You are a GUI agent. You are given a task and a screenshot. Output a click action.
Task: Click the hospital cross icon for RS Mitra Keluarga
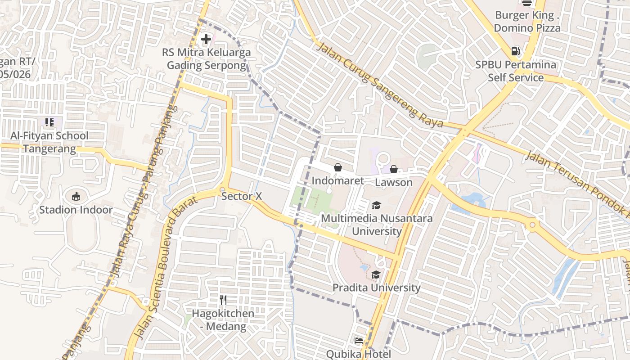point(206,39)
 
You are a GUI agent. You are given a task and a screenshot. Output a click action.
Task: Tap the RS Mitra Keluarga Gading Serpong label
point(207,59)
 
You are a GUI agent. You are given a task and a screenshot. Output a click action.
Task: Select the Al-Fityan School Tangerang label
point(49,142)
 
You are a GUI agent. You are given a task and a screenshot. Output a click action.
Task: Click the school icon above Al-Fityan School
point(49,122)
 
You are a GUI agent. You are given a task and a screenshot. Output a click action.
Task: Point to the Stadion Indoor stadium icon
point(76,196)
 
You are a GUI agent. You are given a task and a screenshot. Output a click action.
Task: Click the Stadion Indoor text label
point(76,210)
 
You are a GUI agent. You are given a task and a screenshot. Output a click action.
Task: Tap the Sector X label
point(242,197)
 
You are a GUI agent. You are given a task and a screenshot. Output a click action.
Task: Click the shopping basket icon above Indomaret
point(338,168)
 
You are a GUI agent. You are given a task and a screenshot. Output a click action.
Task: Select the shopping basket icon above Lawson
point(394,169)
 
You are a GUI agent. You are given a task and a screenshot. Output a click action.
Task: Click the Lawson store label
point(394,182)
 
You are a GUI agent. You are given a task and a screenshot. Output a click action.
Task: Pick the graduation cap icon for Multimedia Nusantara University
point(376,206)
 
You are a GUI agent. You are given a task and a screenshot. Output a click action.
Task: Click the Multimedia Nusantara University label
point(377,225)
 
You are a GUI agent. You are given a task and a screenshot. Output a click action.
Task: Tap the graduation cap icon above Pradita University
point(376,274)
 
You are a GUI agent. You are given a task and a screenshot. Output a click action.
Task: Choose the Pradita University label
point(377,288)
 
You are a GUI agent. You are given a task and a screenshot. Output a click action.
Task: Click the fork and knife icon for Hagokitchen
point(223,300)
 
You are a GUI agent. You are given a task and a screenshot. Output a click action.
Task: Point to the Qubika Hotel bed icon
point(359,341)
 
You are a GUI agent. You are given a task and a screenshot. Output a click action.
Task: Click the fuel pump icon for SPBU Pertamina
point(516,52)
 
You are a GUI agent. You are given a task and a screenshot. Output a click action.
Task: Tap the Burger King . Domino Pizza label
point(527,22)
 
